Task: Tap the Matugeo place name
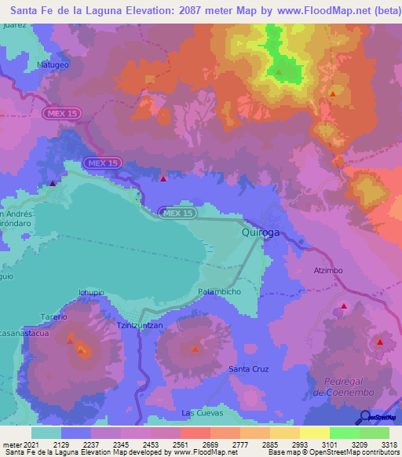tap(53, 65)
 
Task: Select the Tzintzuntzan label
tap(140, 324)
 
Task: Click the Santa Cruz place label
tap(248, 368)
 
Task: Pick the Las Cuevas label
tap(203, 412)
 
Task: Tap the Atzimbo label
tap(327, 271)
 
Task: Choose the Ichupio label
tap(92, 293)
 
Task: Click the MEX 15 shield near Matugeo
tap(62, 113)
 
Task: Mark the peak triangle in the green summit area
tap(279, 72)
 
